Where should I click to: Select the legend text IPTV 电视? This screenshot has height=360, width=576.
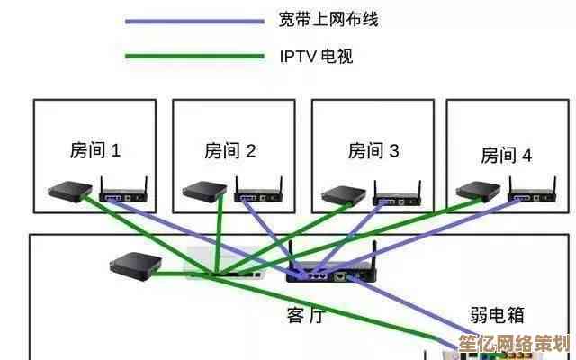[315, 57]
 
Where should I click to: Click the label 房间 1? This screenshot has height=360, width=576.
[94, 150]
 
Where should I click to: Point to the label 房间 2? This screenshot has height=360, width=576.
[230, 150]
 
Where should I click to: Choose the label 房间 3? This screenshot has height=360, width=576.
[373, 150]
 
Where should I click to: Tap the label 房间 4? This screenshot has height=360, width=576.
[506, 155]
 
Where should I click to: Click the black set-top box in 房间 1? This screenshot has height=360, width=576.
[68, 191]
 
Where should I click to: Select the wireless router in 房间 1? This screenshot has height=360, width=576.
[122, 193]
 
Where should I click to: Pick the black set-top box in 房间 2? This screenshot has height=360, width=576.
[203, 191]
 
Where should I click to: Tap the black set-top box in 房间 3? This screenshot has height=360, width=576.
[343, 193]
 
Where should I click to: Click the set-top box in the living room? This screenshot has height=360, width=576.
[135, 264]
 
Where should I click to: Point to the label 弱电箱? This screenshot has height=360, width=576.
[497, 315]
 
